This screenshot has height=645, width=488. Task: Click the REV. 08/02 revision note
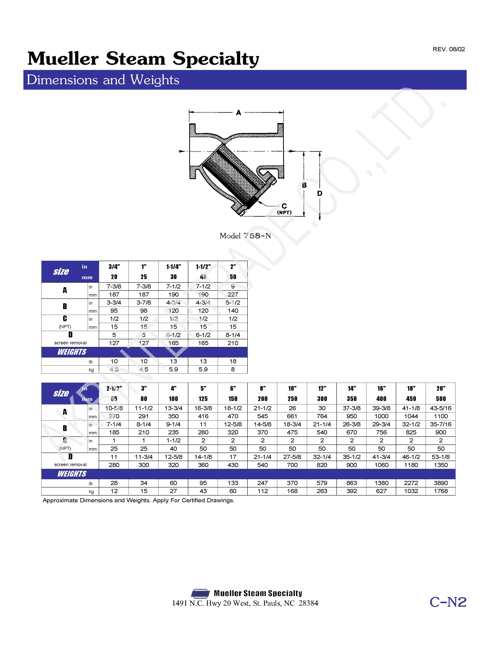pos(448,49)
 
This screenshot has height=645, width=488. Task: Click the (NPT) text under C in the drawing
pos(284,212)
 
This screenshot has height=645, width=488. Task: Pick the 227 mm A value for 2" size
pos(233,294)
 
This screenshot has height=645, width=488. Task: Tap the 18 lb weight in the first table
pos(233,361)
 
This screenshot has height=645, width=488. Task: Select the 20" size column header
pos(441,388)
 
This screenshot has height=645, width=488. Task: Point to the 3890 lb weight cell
pos(441,483)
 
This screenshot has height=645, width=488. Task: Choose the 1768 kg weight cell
pos(441,491)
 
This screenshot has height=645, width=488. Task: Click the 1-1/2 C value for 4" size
pos(173,440)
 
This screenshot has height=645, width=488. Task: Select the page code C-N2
pos(448,602)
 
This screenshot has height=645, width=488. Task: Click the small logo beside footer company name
pos(200,593)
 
